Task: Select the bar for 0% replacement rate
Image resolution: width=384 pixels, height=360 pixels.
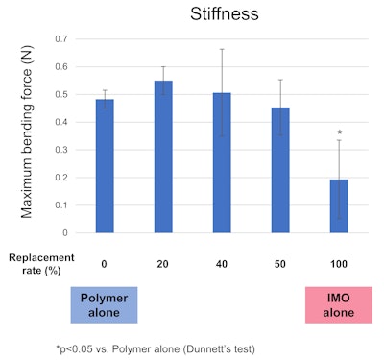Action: coord(104,165)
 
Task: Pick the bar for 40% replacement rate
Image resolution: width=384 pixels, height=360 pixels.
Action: coord(223,162)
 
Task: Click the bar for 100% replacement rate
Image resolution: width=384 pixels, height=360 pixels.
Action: coord(340,205)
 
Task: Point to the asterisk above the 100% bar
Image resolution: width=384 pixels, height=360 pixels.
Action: coord(340,132)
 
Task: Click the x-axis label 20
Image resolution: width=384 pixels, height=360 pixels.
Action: coord(164,260)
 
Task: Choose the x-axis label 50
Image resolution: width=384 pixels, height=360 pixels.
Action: coord(281,260)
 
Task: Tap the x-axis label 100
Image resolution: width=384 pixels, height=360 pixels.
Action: coord(340,260)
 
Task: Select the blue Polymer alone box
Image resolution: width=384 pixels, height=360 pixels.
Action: coord(104,303)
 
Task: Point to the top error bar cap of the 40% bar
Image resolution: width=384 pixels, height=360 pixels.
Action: coord(223,49)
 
